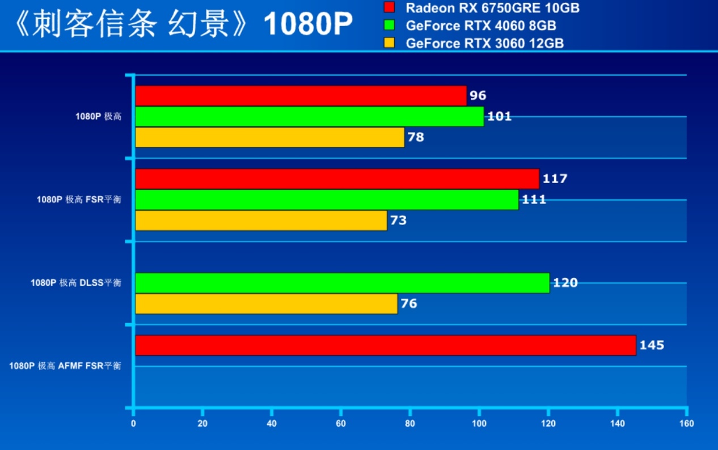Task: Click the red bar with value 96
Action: (x=301, y=96)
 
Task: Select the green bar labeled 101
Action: (x=309, y=117)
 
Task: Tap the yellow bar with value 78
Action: (x=269, y=137)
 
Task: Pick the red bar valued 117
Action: (x=337, y=179)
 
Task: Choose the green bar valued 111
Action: (x=327, y=199)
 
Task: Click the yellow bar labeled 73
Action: (x=261, y=220)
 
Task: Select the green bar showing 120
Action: (x=342, y=283)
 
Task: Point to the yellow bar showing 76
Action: (x=266, y=304)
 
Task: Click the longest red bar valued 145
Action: (x=386, y=345)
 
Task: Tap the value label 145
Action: (x=652, y=345)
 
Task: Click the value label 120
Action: (x=565, y=283)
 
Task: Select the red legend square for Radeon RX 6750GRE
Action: (x=389, y=8)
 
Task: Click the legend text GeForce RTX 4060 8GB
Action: (x=480, y=26)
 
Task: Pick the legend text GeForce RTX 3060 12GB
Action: (x=484, y=44)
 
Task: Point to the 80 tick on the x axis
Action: (x=410, y=423)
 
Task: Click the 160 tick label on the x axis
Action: (x=687, y=423)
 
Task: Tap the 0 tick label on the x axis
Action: (x=133, y=423)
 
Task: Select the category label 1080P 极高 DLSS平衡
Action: (x=76, y=283)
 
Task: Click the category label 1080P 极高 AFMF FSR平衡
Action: (x=65, y=366)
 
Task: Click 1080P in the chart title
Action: (x=308, y=24)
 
